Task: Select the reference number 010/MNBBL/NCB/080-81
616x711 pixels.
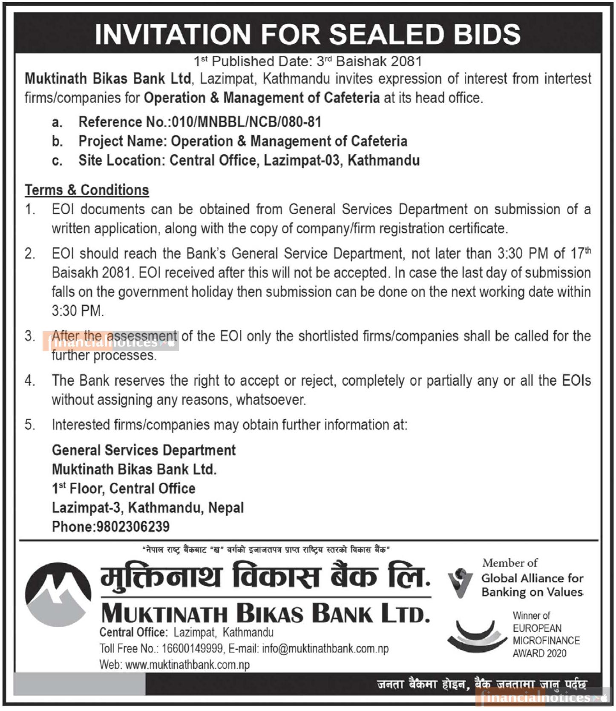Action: [246, 122]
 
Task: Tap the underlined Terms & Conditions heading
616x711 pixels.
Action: [87, 190]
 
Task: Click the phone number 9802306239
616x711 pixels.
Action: [133, 527]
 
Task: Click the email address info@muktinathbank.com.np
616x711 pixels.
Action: [325, 648]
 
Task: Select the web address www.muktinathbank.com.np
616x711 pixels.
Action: [187, 665]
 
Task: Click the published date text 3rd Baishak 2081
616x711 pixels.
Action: [369, 61]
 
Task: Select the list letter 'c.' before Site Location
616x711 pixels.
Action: [57, 161]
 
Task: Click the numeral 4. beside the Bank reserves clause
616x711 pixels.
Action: [30, 380]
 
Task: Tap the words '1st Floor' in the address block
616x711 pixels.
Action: [78, 488]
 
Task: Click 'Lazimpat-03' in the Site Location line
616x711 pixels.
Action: [302, 161]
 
